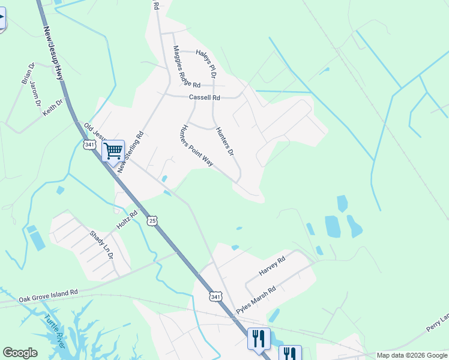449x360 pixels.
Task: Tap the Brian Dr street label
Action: tap(28, 73)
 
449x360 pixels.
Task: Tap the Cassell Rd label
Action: tap(204, 97)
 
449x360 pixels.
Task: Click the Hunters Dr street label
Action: tap(224, 142)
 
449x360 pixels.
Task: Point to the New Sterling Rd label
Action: tap(132, 153)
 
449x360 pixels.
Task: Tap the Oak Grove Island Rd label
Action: tap(48, 295)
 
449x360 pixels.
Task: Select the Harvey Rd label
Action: tap(272, 264)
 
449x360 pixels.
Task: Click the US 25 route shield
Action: tap(152, 221)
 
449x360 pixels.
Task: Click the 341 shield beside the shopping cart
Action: tap(89, 145)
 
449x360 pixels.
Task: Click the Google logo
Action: tap(20, 353)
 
